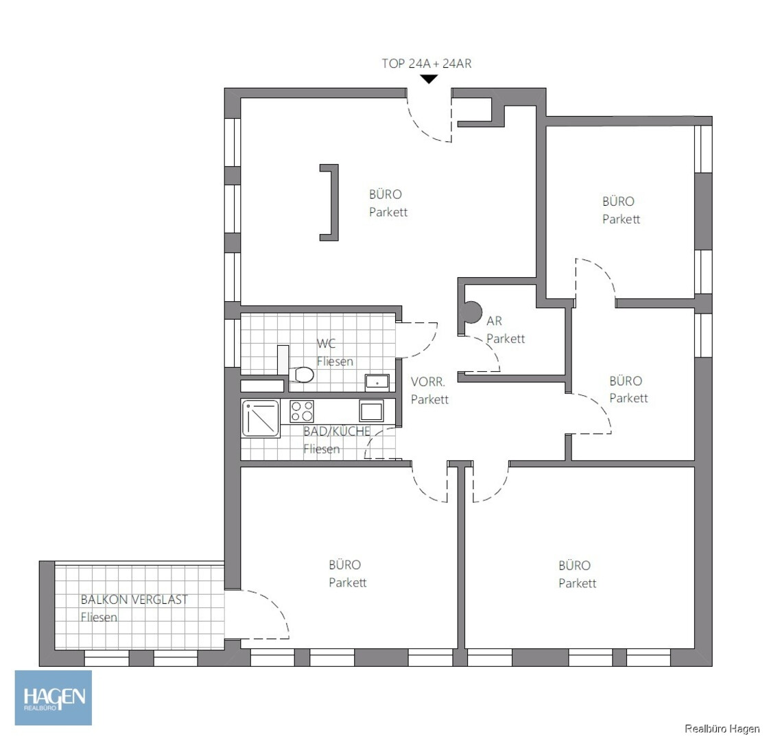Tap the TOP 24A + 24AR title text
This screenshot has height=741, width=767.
(427, 64)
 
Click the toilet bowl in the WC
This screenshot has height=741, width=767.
(301, 375)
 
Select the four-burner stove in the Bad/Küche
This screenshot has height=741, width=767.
(302, 411)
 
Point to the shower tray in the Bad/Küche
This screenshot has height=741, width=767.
(261, 419)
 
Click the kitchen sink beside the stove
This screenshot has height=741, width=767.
(371, 410)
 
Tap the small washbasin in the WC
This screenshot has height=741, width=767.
(377, 382)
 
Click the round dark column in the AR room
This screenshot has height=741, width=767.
(471, 312)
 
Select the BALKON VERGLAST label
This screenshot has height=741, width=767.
(134, 600)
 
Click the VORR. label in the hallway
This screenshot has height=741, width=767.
(427, 381)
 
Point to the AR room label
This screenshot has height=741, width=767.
(494, 321)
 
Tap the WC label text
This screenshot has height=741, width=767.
(326, 343)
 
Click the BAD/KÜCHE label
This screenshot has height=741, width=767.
(337, 432)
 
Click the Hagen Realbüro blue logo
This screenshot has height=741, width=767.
(54, 698)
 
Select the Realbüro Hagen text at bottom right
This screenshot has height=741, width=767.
(722, 729)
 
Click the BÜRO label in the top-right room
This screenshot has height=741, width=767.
(618, 202)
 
